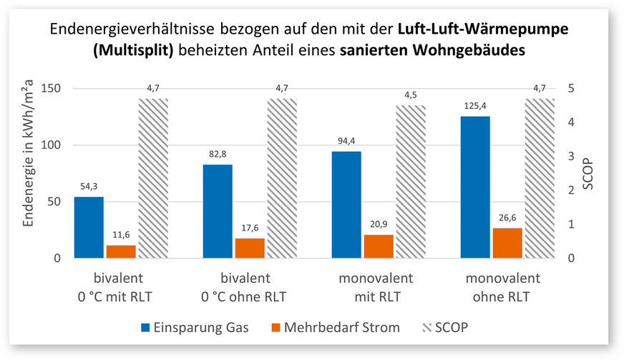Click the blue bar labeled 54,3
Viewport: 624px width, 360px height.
point(89,227)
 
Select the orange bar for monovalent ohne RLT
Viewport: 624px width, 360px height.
point(507,243)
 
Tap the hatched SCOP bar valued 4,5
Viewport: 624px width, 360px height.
point(410,182)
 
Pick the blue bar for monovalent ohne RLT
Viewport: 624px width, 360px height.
point(475,187)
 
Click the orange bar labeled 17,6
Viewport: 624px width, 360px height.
point(250,248)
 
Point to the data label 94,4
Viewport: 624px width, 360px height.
point(346,141)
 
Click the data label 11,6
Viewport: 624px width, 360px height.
point(121,235)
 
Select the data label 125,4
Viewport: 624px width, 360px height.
point(475,106)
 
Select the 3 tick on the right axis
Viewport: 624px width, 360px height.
point(570,157)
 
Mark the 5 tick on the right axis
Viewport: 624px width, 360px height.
point(570,89)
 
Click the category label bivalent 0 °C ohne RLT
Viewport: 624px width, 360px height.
point(250,287)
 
